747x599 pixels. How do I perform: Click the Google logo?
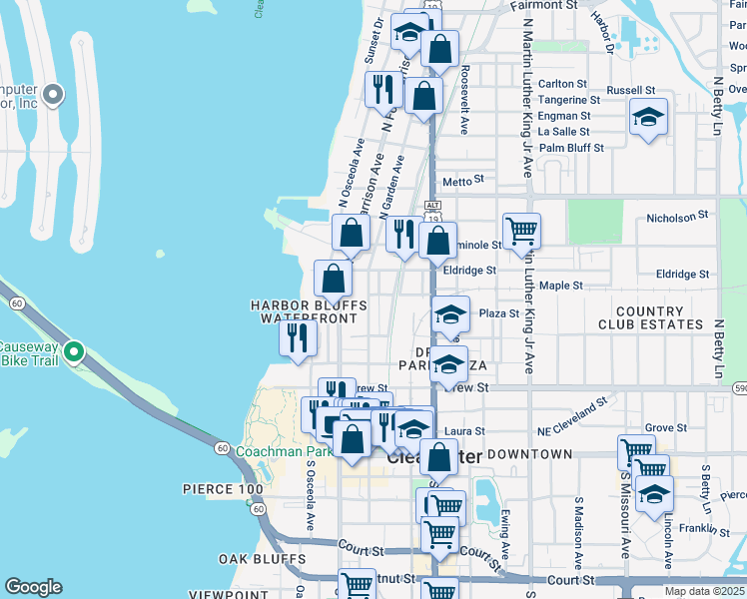coord(33,587)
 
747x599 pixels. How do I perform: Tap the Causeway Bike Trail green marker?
coord(73,351)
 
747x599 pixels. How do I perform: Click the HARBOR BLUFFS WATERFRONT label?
coord(308,311)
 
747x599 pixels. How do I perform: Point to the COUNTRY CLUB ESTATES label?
coord(650,318)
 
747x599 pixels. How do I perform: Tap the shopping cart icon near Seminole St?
coord(521,232)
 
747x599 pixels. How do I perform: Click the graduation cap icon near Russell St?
coord(647,118)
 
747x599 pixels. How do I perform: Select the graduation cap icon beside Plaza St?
coord(450,315)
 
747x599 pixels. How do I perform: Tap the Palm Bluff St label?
coord(571,148)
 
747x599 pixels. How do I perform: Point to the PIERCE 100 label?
coord(223,489)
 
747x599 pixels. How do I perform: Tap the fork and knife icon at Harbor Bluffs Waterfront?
coord(298,336)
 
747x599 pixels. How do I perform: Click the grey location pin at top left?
coord(54,96)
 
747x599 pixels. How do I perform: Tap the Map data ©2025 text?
coord(703,591)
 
